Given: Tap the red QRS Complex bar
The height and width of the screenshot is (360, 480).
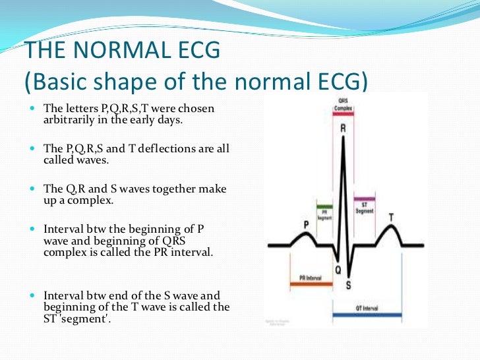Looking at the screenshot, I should [x=342, y=117].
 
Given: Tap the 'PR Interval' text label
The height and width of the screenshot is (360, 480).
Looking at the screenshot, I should [x=310, y=278].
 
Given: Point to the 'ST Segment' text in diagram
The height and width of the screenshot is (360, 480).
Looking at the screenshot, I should [x=365, y=208].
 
